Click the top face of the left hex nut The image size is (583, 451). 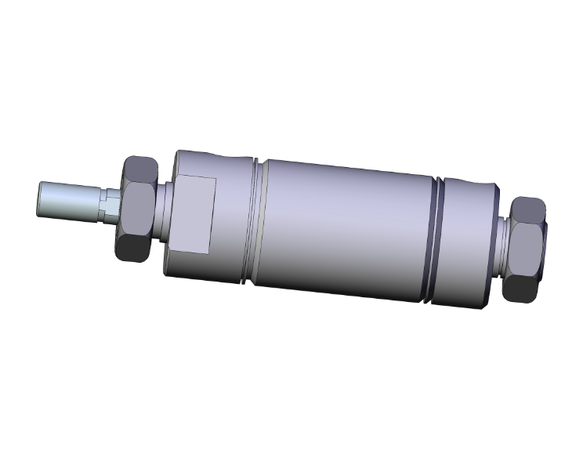pos(142,167)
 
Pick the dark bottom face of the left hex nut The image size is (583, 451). pos(132,249)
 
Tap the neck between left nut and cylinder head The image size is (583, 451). pos(166,212)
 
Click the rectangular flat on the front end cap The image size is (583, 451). pos(192,214)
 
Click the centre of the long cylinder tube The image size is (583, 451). pos(345,227)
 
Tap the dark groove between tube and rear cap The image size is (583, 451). pos(436,239)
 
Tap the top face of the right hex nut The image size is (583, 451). pos(529,209)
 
